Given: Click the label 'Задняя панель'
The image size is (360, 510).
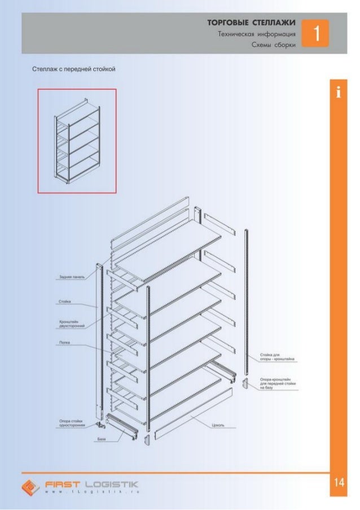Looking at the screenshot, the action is tap(72, 277).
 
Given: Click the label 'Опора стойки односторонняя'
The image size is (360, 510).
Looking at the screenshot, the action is tap(72, 423).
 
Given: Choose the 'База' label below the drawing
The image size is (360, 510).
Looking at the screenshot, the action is tap(101, 438).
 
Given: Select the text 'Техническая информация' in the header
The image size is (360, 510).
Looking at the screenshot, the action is tap(257, 34).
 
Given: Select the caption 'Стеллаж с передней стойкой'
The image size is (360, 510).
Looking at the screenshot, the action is tap(73, 70).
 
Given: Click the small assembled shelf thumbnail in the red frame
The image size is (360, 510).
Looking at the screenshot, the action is tap(77, 141).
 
